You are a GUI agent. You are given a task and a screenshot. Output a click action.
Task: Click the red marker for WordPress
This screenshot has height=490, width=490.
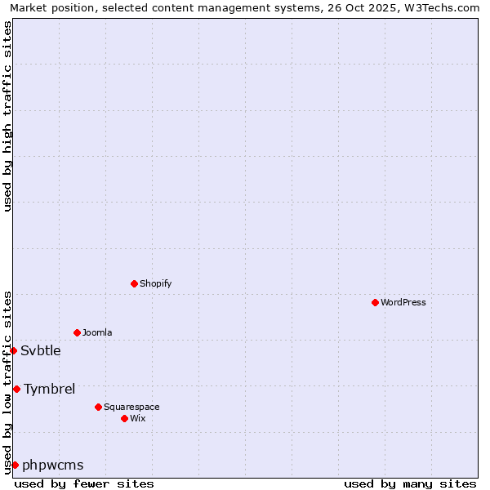tap(375, 302)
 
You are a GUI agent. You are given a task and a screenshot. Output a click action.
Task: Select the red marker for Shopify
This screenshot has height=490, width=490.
tap(134, 283)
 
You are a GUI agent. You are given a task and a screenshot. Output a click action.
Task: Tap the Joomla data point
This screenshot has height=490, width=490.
tap(77, 332)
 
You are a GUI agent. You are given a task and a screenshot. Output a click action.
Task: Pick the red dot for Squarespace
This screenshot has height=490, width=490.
tap(98, 407)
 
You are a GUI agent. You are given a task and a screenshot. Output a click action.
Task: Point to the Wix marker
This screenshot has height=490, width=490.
tap(124, 418)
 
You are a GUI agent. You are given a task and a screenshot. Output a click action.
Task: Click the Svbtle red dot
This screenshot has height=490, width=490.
tap(13, 350)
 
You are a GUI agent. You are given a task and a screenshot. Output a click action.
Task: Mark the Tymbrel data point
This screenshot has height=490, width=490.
tap(16, 389)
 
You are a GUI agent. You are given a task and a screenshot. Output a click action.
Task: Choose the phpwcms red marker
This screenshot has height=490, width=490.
tap(15, 465)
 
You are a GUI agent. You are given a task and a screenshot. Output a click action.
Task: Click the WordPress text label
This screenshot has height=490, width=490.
tap(403, 302)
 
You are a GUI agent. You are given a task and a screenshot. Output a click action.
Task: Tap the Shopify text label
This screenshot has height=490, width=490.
tap(155, 283)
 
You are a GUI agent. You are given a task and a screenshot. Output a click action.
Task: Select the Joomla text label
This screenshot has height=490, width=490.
tap(97, 332)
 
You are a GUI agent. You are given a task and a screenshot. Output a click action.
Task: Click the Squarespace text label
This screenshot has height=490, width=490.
tap(131, 407)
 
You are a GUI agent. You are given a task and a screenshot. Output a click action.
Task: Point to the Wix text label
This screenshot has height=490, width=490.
tap(137, 418)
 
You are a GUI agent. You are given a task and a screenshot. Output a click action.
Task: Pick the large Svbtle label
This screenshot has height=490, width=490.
tap(41, 350)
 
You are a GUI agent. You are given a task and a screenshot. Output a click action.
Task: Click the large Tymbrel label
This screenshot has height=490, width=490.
tap(50, 389)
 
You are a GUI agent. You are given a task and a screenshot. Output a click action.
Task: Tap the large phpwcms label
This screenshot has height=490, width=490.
tap(53, 465)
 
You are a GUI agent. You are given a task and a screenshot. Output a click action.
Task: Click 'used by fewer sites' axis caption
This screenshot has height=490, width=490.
tap(84, 483)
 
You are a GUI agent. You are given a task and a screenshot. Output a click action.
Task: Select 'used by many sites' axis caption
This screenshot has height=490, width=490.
tap(410, 483)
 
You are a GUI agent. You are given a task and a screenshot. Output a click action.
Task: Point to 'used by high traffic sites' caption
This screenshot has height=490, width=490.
tap(8, 116)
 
